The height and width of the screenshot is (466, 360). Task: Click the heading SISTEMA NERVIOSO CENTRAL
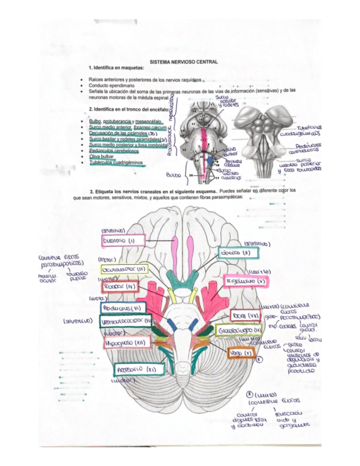point(184,62)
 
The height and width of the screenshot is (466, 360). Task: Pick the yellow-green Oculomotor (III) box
point(124,270)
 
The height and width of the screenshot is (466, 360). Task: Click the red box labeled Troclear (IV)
point(120,286)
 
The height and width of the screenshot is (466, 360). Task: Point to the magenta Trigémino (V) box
point(246,282)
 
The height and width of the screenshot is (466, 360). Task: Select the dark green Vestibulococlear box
point(125,320)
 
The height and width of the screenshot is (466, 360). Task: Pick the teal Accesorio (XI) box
point(135,370)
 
